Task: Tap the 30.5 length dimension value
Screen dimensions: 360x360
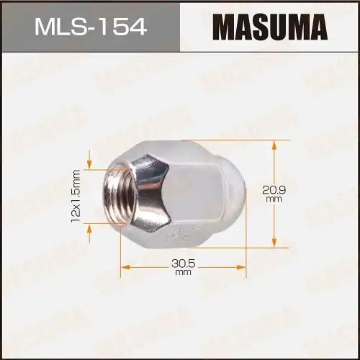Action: [x=182, y=263]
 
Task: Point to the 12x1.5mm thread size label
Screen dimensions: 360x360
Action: [x=75, y=197]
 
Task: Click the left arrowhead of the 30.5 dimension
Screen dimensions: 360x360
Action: [x=124, y=267]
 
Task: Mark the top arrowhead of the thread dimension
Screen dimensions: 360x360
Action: [x=90, y=164]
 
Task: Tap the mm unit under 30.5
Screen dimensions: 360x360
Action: [x=182, y=273]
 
